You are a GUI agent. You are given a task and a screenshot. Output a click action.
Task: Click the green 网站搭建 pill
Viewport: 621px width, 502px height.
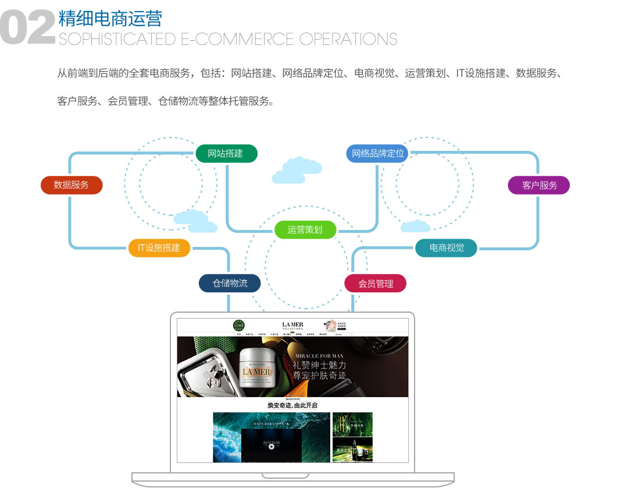[x=226, y=153]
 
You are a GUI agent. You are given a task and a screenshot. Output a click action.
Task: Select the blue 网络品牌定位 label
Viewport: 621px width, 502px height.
[x=377, y=153]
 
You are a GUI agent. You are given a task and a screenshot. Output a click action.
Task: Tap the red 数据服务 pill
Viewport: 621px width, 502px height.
[x=72, y=185]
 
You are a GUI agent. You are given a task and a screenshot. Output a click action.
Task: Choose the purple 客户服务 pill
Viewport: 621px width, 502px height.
[x=539, y=185]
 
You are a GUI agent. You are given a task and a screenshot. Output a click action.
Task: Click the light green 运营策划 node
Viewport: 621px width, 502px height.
[x=305, y=229]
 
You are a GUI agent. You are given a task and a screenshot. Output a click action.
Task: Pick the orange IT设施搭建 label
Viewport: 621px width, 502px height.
[x=159, y=248]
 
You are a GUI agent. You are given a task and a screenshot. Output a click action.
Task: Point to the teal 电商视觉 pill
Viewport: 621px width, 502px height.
[x=447, y=248]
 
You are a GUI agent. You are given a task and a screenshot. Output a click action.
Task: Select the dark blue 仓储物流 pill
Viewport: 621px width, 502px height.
[x=230, y=283]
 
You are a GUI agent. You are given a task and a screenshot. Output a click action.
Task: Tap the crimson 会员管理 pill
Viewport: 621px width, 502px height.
[x=376, y=284]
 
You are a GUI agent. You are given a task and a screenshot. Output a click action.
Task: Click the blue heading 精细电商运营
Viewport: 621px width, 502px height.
[x=110, y=18]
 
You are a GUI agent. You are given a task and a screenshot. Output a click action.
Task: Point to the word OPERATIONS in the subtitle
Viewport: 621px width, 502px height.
[x=348, y=39]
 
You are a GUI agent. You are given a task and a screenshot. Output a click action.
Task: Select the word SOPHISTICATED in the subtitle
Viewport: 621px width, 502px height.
[x=117, y=39]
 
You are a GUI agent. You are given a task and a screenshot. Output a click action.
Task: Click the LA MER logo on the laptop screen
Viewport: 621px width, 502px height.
[x=292, y=324]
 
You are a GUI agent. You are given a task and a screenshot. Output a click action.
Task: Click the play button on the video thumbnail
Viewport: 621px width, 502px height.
[x=272, y=447]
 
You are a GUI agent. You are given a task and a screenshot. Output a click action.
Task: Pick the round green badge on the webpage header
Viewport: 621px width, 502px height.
[x=238, y=326]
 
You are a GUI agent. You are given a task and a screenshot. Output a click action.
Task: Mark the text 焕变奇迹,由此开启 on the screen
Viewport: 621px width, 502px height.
[x=292, y=405]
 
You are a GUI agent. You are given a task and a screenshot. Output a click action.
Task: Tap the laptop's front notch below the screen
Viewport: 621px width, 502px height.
[x=292, y=476]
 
